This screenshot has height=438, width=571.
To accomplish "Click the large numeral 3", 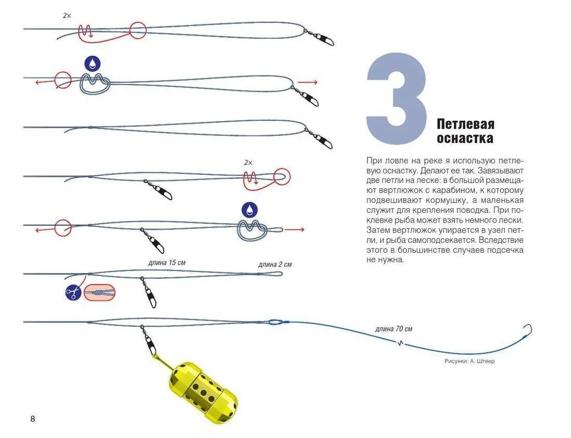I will tap(397, 99).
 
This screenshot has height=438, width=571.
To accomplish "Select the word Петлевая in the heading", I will tap(465, 124).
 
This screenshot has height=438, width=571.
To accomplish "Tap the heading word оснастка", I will tap(465, 139).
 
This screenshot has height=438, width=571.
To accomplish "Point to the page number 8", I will tap(33, 419).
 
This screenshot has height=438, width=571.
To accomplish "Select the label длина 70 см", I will tap(394, 329).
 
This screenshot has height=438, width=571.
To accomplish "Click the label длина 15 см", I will tap(166, 263).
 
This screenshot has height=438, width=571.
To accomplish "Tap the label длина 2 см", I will tap(275, 265).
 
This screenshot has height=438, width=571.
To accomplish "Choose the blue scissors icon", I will tap(73, 293).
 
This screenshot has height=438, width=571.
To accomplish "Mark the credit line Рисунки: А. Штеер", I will tap(470, 361).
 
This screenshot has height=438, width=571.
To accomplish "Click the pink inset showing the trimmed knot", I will tap(99, 293).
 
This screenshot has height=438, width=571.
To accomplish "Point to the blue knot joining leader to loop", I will tap(276, 322).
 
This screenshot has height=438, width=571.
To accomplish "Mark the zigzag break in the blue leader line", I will tap(400, 342).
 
